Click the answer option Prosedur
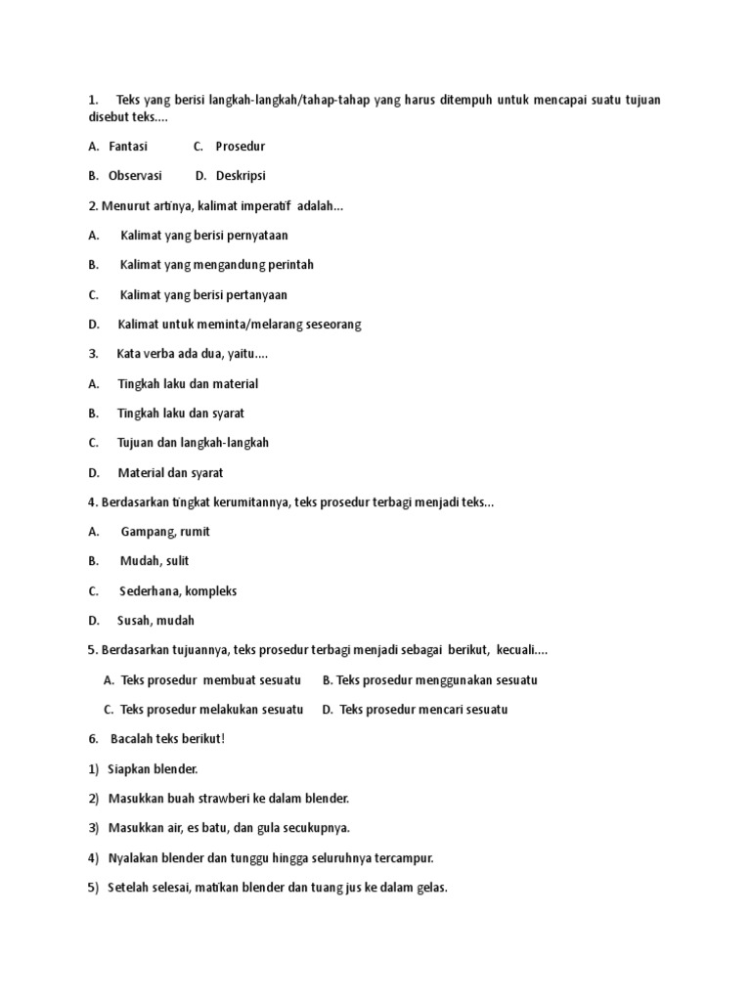tap(240, 147)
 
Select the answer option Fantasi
tap(128, 147)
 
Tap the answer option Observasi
tap(135, 176)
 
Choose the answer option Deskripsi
tap(241, 176)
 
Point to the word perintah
tap(287, 265)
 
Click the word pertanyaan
tap(255, 295)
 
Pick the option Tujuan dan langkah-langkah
tap(193, 443)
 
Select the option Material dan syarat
tap(170, 473)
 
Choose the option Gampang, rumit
tap(165, 532)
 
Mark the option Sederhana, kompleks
tap(178, 591)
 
